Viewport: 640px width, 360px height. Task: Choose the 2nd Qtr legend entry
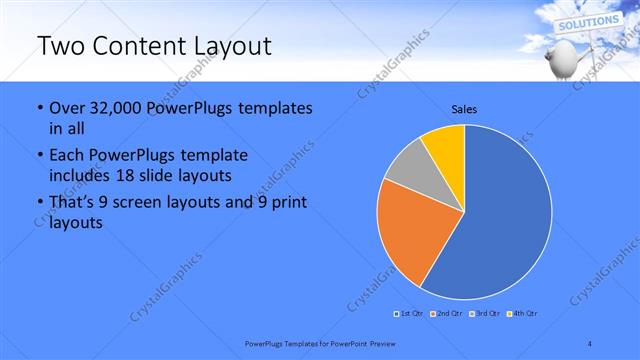[445, 315]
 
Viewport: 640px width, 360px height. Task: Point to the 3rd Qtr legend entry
[486, 315]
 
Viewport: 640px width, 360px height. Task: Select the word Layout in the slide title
[234, 47]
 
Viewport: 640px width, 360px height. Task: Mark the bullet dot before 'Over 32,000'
[38, 108]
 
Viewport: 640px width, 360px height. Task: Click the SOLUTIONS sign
[587, 22]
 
